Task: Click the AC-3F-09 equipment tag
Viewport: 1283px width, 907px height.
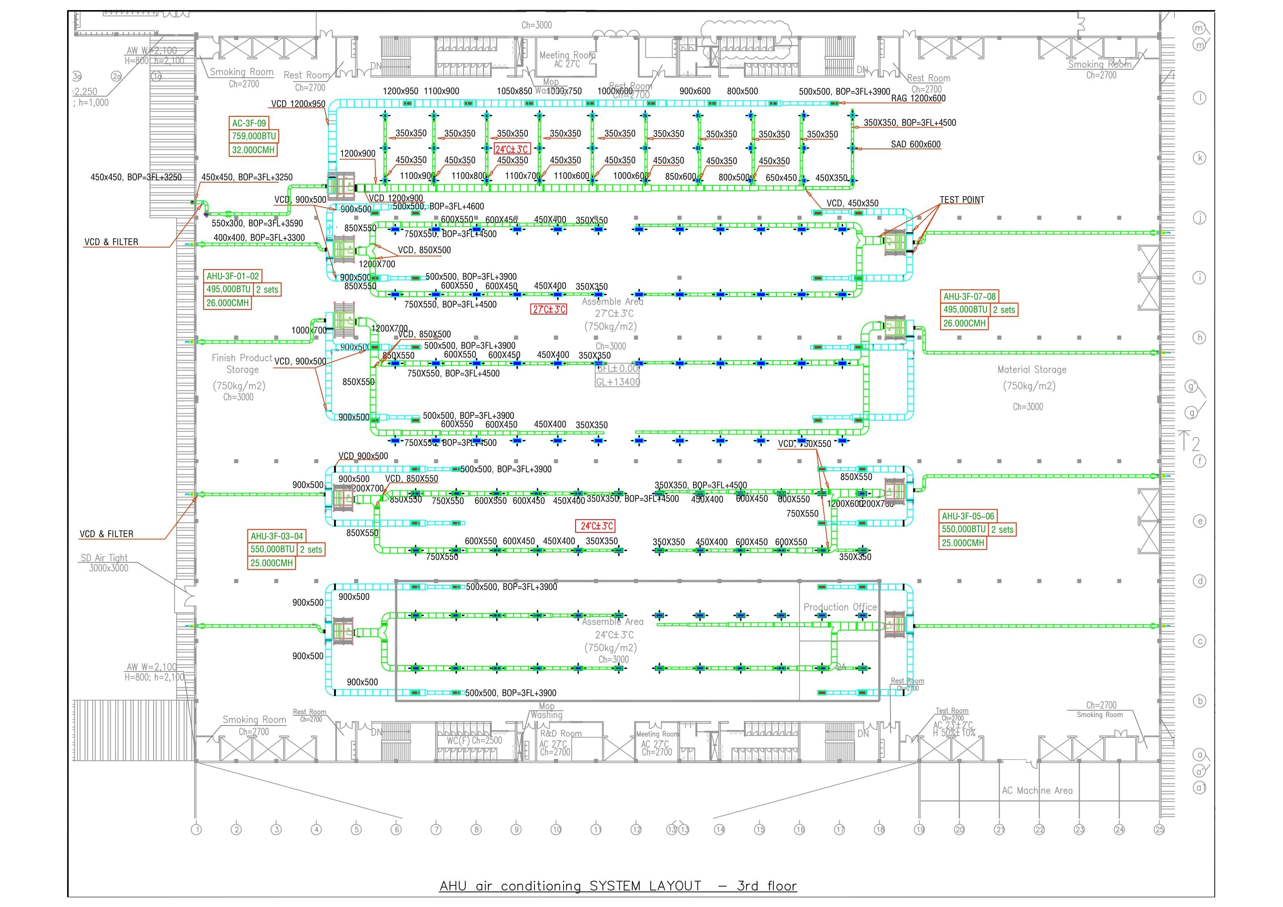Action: coord(249,123)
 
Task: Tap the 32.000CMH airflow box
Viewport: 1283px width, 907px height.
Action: coord(253,150)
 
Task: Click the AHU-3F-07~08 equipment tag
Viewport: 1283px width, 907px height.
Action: coord(970,296)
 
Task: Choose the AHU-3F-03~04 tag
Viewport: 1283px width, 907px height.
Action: coord(277,536)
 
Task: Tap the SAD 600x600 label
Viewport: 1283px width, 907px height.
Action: coord(915,144)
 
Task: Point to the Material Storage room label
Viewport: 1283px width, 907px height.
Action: coord(1032,370)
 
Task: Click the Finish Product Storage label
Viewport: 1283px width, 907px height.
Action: coord(242,363)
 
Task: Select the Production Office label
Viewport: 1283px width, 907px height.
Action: coord(840,607)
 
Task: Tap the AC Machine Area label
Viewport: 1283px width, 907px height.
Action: coord(1037,790)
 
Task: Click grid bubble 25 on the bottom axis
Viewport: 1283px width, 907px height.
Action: coord(1160,830)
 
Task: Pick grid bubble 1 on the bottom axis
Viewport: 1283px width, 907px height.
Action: coord(196,830)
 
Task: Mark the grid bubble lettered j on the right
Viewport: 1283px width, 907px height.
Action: coord(1199,218)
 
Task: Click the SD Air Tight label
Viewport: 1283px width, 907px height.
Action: coord(104,558)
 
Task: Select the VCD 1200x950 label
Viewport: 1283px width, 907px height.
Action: coord(298,104)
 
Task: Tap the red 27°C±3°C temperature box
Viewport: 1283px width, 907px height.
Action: coord(549,309)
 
